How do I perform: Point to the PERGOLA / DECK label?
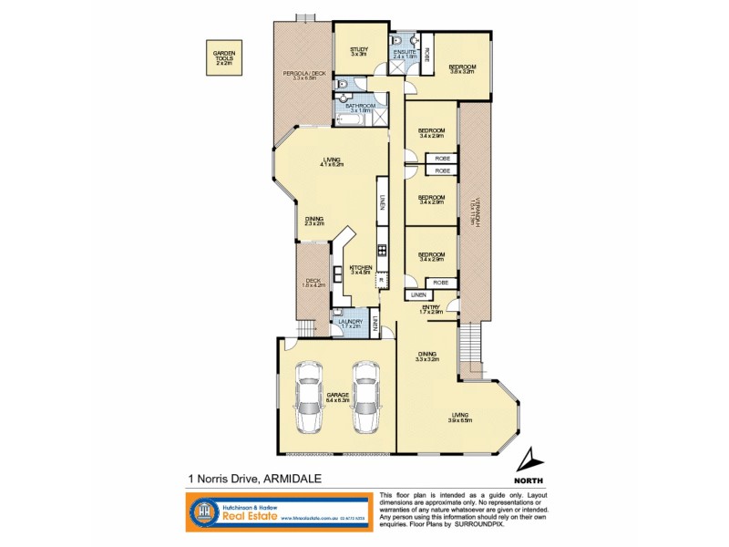pyautogui.click(x=303, y=73)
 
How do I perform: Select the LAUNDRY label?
pyautogui.click(x=350, y=321)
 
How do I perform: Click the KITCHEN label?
pyautogui.click(x=361, y=267)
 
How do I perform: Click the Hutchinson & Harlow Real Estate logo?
pyautogui.click(x=273, y=513)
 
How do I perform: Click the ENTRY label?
pyautogui.click(x=431, y=307)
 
